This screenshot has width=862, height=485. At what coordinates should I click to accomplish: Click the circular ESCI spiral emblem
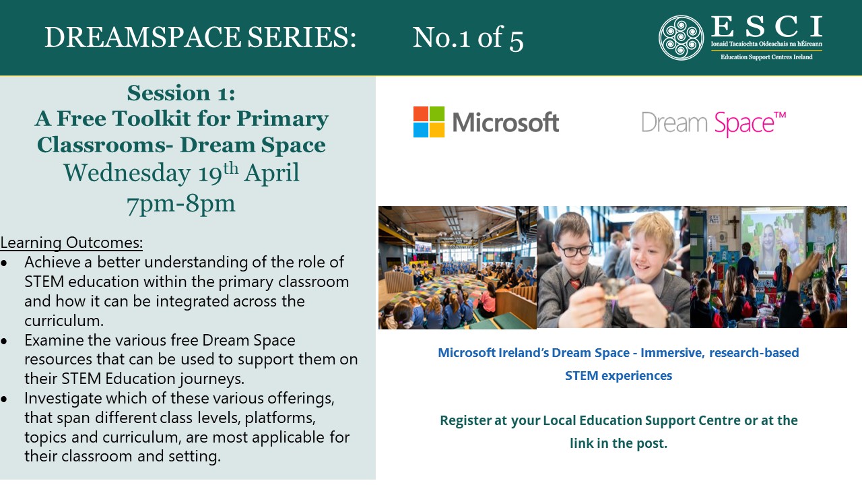(681, 38)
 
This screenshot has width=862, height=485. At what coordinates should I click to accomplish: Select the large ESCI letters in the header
(766, 26)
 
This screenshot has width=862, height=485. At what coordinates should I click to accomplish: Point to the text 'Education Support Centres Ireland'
(766, 57)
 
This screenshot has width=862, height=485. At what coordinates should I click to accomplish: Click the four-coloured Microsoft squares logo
(429, 122)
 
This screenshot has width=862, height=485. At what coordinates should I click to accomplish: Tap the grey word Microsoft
(505, 123)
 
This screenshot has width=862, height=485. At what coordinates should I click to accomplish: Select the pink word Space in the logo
(744, 123)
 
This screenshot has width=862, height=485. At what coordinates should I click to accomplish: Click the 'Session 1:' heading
(181, 93)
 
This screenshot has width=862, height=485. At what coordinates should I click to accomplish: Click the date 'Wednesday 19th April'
(181, 173)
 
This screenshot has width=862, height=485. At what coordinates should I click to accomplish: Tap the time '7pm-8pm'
(181, 204)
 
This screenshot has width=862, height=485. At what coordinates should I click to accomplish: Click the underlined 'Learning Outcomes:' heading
(71, 243)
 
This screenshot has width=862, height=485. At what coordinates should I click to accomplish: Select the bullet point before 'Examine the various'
(4, 341)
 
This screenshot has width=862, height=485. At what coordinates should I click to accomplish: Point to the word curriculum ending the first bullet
(64, 321)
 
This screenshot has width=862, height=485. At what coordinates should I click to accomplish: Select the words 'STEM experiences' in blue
(618, 376)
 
